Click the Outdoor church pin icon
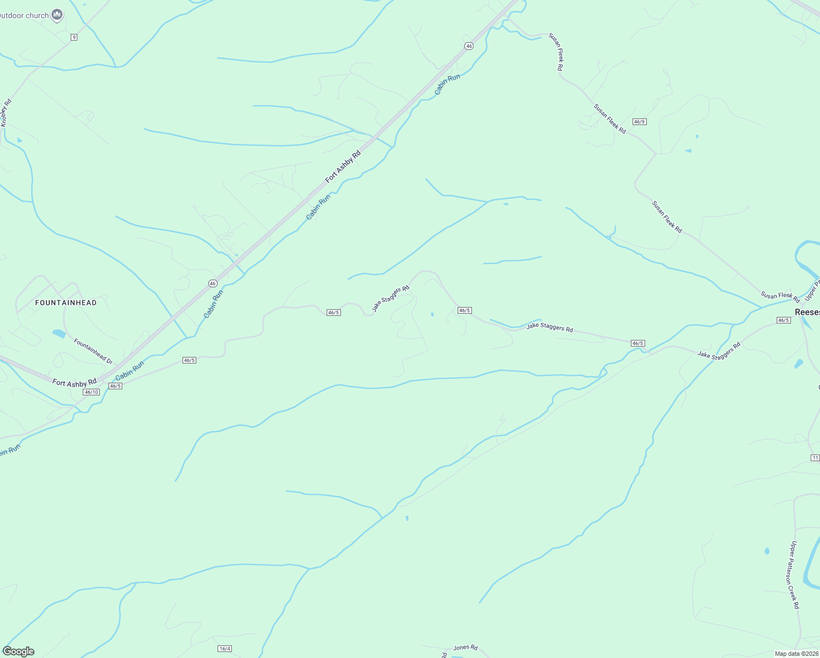(57, 15)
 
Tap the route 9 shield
(74, 37)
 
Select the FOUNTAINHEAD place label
(66, 303)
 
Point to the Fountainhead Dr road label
(93, 351)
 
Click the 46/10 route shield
(92, 392)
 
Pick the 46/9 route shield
(639, 122)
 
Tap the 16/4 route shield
(225, 649)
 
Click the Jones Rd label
(465, 648)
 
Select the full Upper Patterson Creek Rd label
(794, 575)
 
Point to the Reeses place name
(807, 312)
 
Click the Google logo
(19, 651)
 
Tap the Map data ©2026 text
(796, 654)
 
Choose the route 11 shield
(815, 458)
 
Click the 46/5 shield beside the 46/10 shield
(115, 386)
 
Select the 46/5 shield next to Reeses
(784, 320)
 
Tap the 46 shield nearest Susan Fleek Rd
(469, 46)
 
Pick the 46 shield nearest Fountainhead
(213, 283)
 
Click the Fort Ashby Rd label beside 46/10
(75, 383)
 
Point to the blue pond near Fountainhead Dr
(59, 333)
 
